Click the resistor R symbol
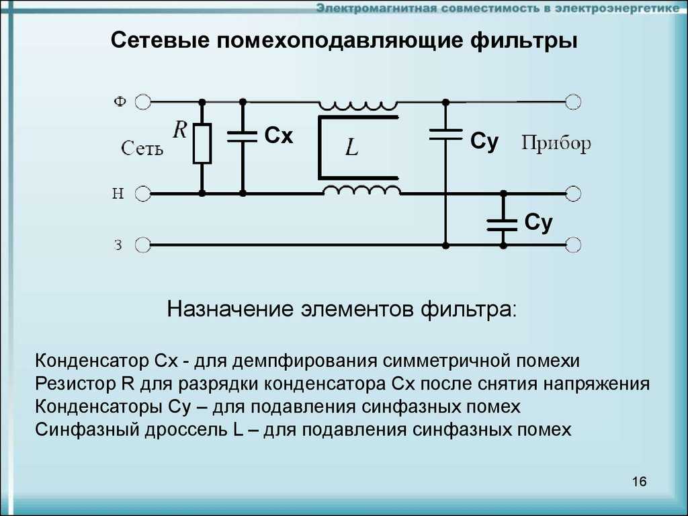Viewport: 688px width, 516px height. click(202, 144)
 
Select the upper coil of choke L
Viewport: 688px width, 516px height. click(359, 105)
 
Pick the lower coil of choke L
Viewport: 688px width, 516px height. click(361, 190)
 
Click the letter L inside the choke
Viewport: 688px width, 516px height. click(352, 148)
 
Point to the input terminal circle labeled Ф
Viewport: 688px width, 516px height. click(142, 101)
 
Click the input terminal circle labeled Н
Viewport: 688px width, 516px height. click(142, 194)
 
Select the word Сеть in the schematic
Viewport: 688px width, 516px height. click(142, 148)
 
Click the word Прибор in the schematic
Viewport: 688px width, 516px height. click(556, 143)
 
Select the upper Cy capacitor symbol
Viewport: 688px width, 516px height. click(445, 134)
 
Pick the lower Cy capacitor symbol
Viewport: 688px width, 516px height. click(503, 223)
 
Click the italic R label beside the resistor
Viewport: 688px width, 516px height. click(179, 130)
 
